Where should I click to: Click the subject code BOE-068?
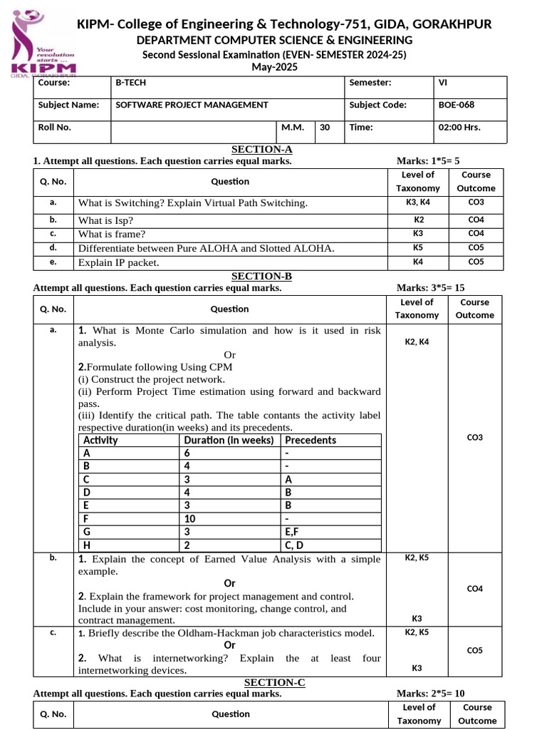point(457,105)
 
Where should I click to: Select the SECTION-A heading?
point(262,150)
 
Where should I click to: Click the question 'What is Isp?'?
point(105,220)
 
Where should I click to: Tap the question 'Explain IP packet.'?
point(118,262)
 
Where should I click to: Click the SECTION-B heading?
point(261,277)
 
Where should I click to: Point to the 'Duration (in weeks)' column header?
point(228,440)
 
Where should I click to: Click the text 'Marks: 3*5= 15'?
point(430,288)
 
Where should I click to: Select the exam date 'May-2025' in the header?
point(274,67)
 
